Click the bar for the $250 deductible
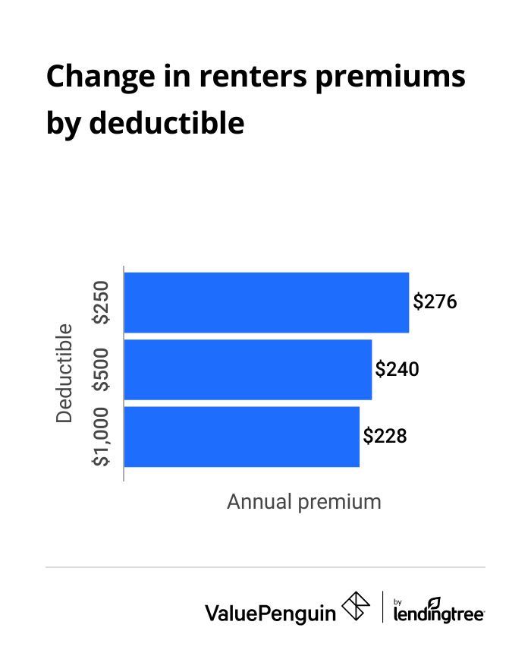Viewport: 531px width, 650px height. [x=266, y=302]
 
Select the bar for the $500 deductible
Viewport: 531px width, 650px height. [x=247, y=369]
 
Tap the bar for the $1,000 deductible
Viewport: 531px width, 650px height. [x=241, y=437]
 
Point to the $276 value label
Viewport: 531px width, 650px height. [x=435, y=302]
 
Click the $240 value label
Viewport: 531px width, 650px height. [x=397, y=370]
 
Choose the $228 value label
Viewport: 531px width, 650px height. [x=385, y=437]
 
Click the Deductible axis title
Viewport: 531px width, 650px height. [x=65, y=373]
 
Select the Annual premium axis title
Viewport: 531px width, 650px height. [x=303, y=502]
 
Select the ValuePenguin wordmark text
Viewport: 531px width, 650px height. [x=270, y=612]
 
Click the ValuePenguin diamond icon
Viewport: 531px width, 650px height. [x=356, y=607]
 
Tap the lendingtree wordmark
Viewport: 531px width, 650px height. [x=439, y=614]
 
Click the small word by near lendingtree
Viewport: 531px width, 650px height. [x=399, y=599]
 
